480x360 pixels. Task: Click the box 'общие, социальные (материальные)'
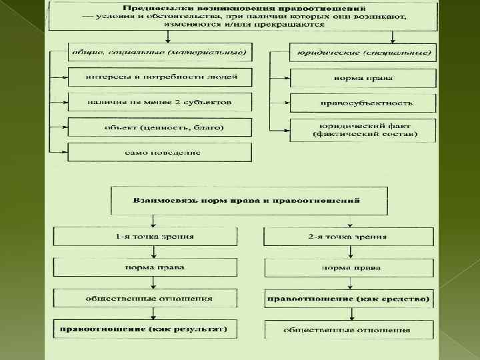pyautogui.click(x=161, y=52)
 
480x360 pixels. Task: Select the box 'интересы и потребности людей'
pyautogui.click(x=160, y=77)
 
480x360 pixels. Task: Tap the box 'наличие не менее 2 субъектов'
pyautogui.click(x=160, y=103)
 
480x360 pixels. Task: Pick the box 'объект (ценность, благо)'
pyautogui.click(x=160, y=127)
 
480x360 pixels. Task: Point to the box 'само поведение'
pyautogui.click(x=160, y=153)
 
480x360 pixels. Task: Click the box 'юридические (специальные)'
pyautogui.click(x=362, y=52)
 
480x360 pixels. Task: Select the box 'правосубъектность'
pyautogui.click(x=362, y=103)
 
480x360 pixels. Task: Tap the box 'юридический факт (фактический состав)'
pyautogui.click(x=362, y=130)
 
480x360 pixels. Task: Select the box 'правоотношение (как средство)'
pyautogui.click(x=349, y=298)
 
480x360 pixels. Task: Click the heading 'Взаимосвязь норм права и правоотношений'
pyautogui.click(x=248, y=200)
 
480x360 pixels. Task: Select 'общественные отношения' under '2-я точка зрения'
pyautogui.click(x=349, y=329)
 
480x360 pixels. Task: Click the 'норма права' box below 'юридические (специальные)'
pyautogui.click(x=362, y=77)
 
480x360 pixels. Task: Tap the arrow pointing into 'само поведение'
pyautogui.click(x=64, y=153)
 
